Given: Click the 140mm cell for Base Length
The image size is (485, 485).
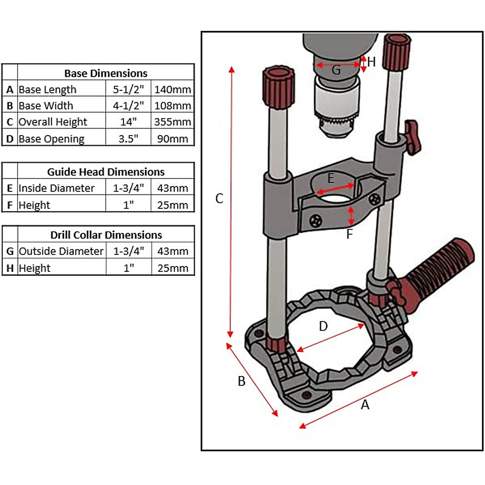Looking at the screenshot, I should pos(173,89).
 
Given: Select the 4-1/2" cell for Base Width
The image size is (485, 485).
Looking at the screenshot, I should pos(128,105).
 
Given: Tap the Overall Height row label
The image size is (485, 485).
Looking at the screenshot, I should pos(53,122).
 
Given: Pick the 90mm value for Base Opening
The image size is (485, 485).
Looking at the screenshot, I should pos(173,139).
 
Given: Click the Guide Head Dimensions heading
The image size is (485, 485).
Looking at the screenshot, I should pos(105,172).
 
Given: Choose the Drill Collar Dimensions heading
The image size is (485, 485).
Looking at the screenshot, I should pos(106,235).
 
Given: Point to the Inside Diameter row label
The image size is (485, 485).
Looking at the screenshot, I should pos(56,188).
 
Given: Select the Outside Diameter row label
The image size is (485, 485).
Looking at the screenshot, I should pos(61,251).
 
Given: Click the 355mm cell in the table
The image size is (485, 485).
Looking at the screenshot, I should pos(173,122).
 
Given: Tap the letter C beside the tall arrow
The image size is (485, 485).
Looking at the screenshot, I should pos(219,198).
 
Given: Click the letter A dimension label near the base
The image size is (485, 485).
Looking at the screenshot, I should pos(365,405).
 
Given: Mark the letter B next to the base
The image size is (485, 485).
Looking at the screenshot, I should pos(241,381).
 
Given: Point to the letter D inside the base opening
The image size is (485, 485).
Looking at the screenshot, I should pos(323,326).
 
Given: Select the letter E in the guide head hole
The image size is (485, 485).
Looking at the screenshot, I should pos(331,178).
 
